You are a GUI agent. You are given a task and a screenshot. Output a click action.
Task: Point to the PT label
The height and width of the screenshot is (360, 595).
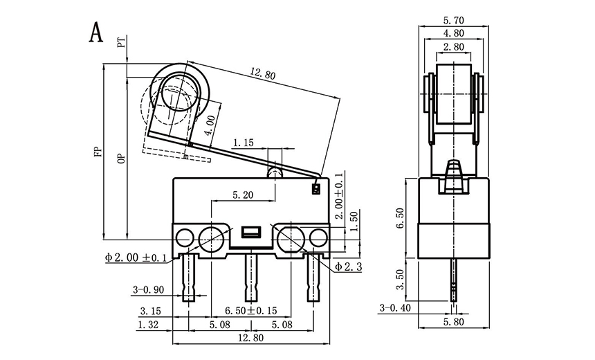tap(122, 44)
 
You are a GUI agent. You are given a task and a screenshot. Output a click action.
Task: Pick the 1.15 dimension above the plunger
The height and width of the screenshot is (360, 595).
tap(243, 143)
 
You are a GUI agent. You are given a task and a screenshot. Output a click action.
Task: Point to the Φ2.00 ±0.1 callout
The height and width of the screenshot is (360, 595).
tap(136, 258)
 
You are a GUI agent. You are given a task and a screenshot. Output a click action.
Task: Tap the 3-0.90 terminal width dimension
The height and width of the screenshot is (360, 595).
tap(146, 290)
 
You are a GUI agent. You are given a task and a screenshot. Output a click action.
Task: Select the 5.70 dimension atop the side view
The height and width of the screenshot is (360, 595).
tap(453, 20)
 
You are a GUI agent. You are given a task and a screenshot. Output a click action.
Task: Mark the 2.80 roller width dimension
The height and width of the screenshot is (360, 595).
tap(453, 47)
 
